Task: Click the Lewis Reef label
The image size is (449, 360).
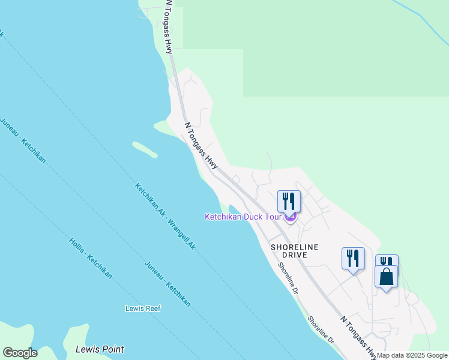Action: (x=143, y=308)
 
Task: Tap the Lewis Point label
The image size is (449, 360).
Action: (x=100, y=349)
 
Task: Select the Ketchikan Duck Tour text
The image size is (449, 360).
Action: (x=243, y=217)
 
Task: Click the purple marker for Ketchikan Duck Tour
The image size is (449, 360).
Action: (x=291, y=217)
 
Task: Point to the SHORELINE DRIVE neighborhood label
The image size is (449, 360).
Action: (x=294, y=251)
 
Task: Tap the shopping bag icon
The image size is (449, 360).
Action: (x=386, y=277)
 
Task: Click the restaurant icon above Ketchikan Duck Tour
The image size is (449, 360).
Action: (x=289, y=202)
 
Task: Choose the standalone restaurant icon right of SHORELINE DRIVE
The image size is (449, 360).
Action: (x=353, y=259)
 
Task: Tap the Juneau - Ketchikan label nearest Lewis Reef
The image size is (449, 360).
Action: (x=167, y=284)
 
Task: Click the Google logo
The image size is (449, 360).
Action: (x=20, y=353)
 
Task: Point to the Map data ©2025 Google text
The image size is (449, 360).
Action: (x=412, y=355)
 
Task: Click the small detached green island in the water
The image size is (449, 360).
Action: (x=145, y=149)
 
